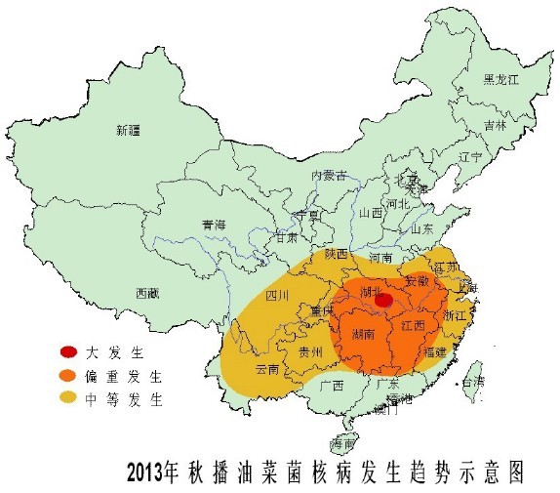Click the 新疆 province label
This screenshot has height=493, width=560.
click(129, 130)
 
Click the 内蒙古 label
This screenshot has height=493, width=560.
click(329, 175)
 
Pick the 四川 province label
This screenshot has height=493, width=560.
click(278, 295)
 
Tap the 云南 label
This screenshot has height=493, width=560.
click(266, 370)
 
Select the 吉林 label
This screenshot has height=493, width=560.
click(495, 126)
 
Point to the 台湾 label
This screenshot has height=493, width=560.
click(472, 382)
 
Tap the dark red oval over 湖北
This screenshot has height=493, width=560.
click(384, 301)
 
